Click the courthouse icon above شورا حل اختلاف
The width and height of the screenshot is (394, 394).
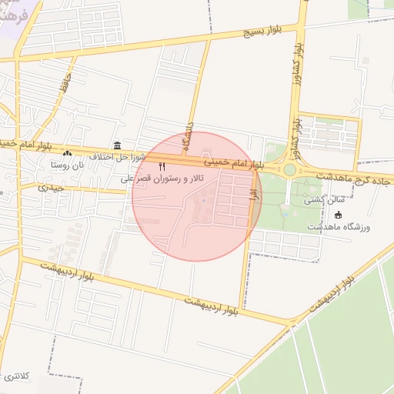pos(117,145)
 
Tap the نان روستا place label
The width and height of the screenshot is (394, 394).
pos(66,164)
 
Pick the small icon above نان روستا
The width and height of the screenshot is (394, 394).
pos(67,154)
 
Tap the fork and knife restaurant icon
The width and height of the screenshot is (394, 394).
pos(162,166)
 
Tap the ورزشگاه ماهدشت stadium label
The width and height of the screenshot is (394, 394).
pos(339,227)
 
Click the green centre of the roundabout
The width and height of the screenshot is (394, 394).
pos(289,169)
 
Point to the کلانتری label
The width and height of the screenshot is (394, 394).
pos(15,376)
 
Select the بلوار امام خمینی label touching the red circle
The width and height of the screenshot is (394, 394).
pos(235,163)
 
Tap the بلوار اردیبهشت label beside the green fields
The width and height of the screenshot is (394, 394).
pos(332,292)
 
